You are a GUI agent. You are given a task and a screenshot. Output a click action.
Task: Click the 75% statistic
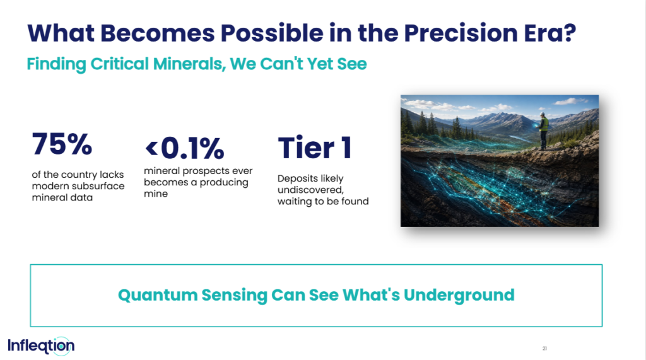62,144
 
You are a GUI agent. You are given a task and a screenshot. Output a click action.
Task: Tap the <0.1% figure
185,148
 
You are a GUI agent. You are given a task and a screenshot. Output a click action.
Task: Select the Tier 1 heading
315,148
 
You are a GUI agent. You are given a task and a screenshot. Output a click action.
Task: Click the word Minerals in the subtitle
189,64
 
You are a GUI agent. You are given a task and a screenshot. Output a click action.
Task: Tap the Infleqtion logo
41,346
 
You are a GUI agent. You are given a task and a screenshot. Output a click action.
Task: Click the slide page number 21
544,349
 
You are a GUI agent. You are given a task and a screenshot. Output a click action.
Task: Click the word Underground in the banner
459,295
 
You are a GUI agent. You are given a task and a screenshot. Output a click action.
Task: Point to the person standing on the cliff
543,131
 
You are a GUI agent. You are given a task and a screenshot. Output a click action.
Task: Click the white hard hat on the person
543,114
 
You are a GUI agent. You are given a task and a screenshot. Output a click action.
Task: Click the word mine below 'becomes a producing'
156,194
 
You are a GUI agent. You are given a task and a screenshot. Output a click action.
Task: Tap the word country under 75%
79,175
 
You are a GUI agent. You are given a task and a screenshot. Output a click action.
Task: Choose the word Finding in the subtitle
56,64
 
